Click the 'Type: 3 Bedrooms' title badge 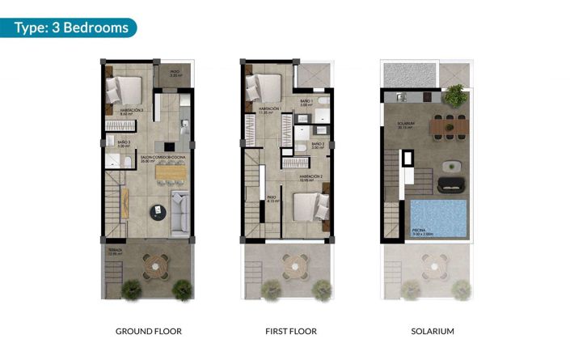click(73, 28)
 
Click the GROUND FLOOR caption click(149, 331)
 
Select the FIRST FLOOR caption click(290, 331)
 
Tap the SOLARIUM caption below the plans click(433, 331)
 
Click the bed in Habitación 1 click(264, 87)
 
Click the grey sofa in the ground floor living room click(182, 210)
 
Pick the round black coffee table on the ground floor click(156, 211)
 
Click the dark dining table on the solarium click(449, 126)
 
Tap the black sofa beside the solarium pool click(450, 183)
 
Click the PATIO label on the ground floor click(175, 72)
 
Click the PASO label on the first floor click(272, 197)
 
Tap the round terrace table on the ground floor click(152, 263)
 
